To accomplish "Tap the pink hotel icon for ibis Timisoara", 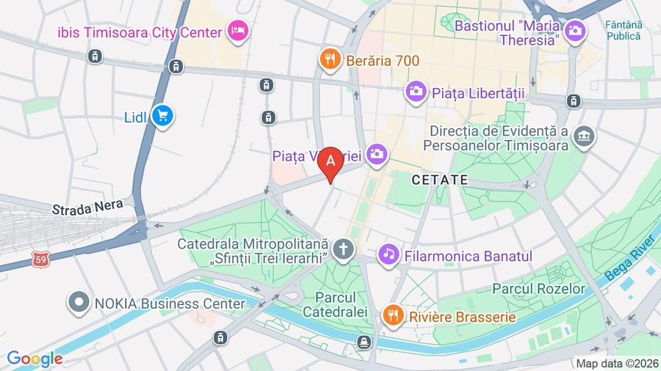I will point(239,31).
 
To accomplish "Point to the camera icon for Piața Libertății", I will point(416,92).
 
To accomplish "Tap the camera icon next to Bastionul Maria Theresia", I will point(575,30).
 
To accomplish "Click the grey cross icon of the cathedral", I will point(342,250).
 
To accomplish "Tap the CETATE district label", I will point(440,179).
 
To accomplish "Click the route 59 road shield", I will point(41,259).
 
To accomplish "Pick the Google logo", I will point(35,359).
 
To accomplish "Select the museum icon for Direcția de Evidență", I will point(585,137).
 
